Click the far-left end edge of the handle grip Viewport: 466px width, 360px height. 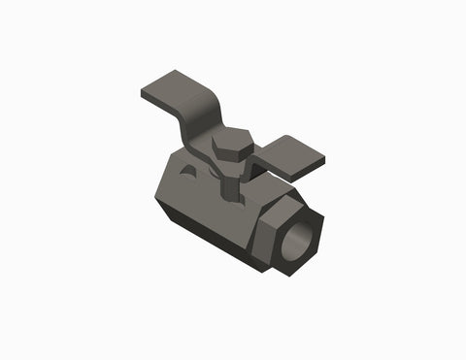pyautogui.click(x=143, y=95)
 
